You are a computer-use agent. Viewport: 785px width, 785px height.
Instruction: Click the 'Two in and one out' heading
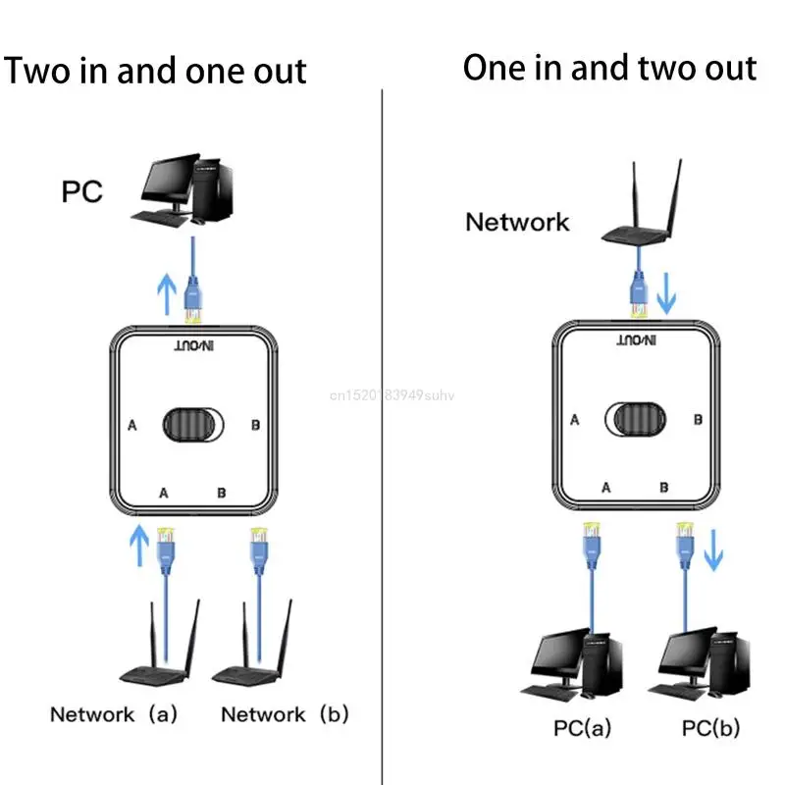tap(156, 71)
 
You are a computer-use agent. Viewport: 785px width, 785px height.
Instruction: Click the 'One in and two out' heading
tap(609, 68)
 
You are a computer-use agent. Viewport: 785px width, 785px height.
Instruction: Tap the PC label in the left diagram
tap(82, 190)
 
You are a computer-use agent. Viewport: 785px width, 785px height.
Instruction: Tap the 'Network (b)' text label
tap(285, 714)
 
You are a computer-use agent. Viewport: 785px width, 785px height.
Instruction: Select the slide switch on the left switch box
tap(192, 424)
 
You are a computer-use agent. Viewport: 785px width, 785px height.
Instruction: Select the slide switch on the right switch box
tap(635, 419)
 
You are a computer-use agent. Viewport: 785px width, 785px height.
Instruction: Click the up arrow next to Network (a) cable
tap(141, 546)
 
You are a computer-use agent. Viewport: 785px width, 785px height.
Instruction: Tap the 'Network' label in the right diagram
tap(517, 222)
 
